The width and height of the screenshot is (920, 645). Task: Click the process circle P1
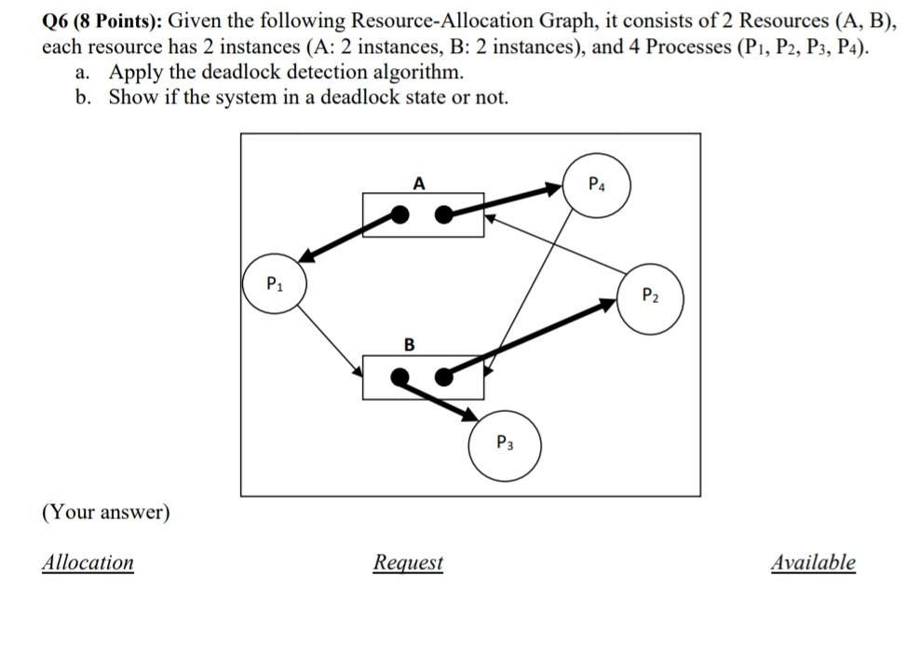tap(274, 284)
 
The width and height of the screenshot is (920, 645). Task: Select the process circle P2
tap(650, 297)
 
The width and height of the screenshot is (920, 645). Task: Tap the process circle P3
tap(504, 444)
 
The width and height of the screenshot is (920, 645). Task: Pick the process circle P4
tap(599, 185)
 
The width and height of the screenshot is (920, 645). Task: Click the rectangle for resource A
tap(423, 215)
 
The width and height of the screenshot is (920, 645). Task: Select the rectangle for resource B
tap(423, 377)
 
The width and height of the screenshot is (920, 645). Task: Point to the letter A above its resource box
tap(419, 184)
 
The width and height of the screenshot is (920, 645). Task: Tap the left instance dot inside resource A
tap(399, 215)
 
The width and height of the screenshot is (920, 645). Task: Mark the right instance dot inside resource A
tap(445, 215)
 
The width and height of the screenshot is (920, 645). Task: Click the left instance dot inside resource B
tap(399, 377)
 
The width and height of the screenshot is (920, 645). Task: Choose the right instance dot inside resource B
tap(445, 377)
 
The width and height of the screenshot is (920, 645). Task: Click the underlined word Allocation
tap(88, 562)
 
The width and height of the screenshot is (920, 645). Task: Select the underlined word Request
tap(408, 563)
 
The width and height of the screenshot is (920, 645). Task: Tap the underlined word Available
tap(813, 562)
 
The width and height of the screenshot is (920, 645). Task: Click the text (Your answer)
tap(106, 513)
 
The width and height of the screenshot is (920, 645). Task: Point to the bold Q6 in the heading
tap(57, 21)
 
